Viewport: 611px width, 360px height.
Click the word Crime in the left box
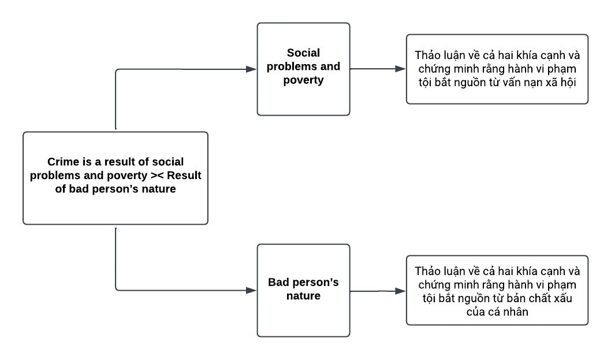click(x=61, y=162)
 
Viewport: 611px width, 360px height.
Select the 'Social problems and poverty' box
click(x=303, y=69)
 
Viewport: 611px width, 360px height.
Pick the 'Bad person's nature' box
click(x=303, y=290)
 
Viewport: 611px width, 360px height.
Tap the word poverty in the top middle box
click(x=303, y=80)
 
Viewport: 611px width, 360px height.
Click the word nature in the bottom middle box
click(x=303, y=296)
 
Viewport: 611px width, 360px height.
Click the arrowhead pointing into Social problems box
click(x=251, y=69)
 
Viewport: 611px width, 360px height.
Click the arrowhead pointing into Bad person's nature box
click(x=251, y=290)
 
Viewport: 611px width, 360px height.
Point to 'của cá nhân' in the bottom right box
click(x=497, y=312)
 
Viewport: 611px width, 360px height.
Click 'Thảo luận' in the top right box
click(x=434, y=56)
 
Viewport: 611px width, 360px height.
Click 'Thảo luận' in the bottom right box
click(x=434, y=272)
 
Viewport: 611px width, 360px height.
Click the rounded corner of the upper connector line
click(x=117, y=70)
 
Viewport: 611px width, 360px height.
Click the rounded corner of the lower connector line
click(x=117, y=288)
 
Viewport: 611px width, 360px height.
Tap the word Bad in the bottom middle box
click(x=278, y=283)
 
